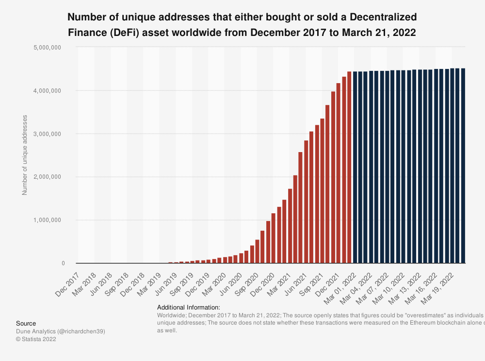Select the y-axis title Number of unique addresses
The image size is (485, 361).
[25, 155]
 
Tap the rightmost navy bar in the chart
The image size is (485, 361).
[463, 166]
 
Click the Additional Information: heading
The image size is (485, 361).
[189, 308]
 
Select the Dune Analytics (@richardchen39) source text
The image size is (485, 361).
[61, 331]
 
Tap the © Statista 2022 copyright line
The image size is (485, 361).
[36, 339]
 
